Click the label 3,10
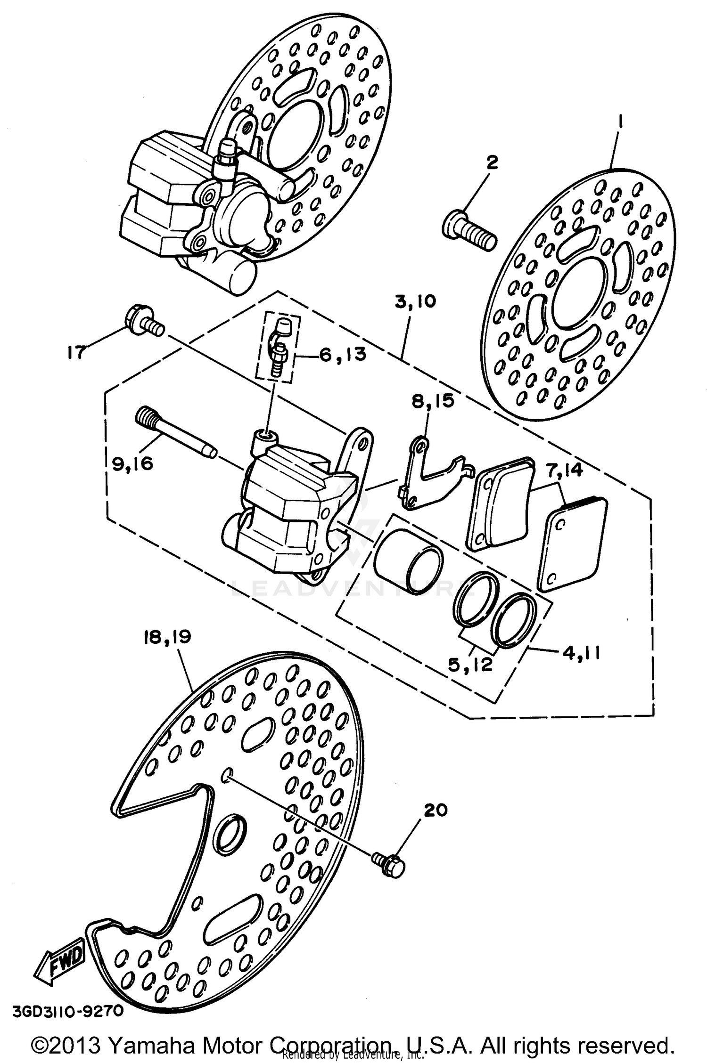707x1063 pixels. pos(416,301)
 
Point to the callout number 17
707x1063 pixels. pos(75,352)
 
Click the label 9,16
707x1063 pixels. pos(132,464)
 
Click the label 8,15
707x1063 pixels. pos(433,401)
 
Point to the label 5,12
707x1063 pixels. pos(477,665)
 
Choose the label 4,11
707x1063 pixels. pos(580,654)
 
